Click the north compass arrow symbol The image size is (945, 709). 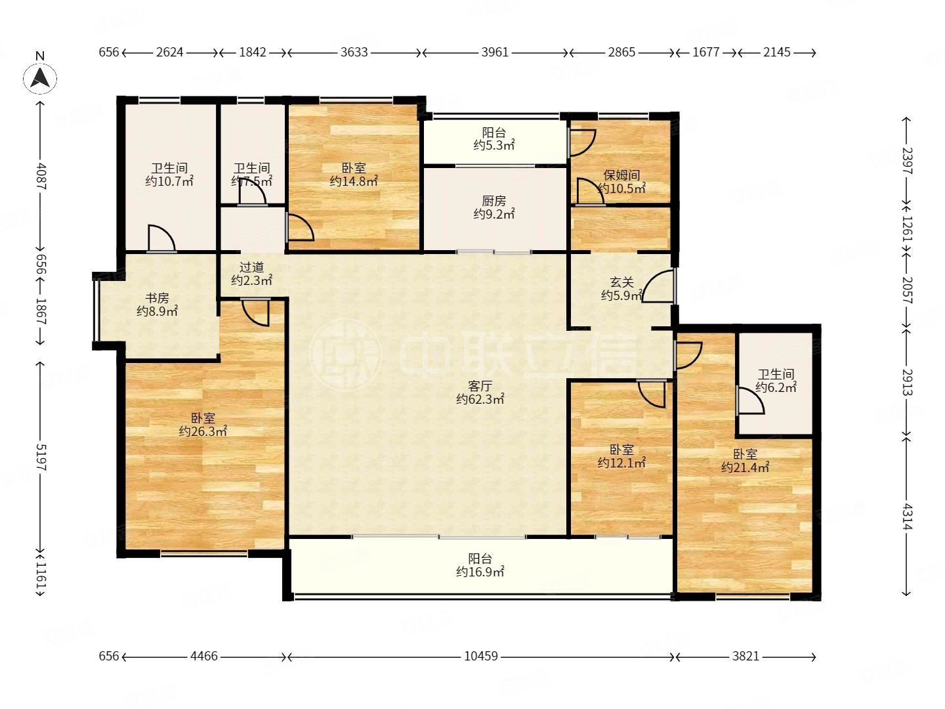pyautogui.click(x=40, y=78)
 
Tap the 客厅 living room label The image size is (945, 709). pyautogui.click(x=480, y=386)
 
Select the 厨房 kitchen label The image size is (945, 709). pyautogui.click(x=493, y=201)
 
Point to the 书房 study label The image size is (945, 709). pyautogui.click(x=157, y=298)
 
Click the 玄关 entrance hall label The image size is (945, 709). pyautogui.click(x=621, y=282)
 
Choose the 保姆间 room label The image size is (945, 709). pyautogui.click(x=621, y=175)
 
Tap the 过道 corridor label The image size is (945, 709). pyautogui.click(x=251, y=267)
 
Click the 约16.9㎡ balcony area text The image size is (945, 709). pyautogui.click(x=480, y=572)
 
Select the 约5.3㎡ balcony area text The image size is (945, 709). pyautogui.click(x=493, y=146)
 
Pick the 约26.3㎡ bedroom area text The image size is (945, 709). pyautogui.click(x=203, y=431)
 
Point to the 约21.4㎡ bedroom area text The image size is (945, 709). pyautogui.click(x=745, y=467)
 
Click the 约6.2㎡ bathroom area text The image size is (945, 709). pyautogui.click(x=776, y=387)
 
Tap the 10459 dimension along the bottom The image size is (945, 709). pyautogui.click(x=480, y=656)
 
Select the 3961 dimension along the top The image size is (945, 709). pyautogui.click(x=495, y=52)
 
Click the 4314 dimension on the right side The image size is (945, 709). pyautogui.click(x=906, y=517)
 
